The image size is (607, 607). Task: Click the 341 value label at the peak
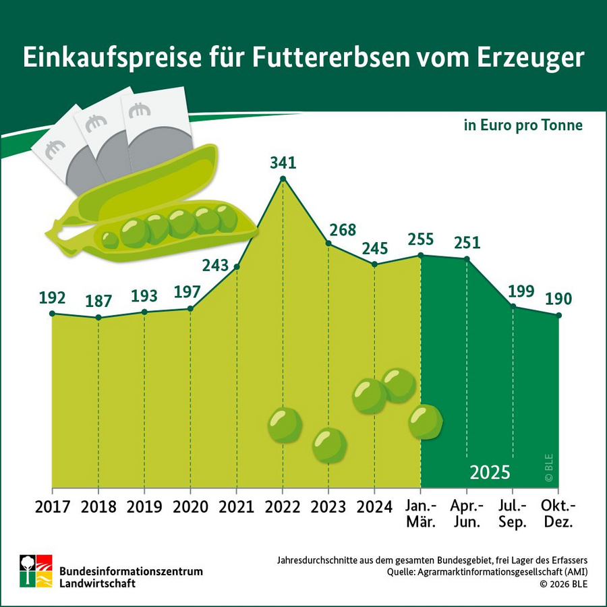pos(283,163)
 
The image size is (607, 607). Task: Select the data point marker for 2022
pos(283,179)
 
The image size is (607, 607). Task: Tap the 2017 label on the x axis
pos(52,506)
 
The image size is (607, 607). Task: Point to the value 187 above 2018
pos(98,300)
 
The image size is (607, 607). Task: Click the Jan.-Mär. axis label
pos(422,513)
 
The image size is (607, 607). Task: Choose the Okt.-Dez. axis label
pos(559,513)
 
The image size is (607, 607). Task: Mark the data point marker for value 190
pos(559,315)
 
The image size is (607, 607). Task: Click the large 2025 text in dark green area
pos(490,471)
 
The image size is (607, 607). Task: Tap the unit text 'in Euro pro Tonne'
pos(523,126)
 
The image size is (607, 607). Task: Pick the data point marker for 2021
pos(237,267)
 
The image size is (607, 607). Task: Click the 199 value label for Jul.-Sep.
pos(521,291)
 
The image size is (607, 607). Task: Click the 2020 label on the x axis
pos(190,506)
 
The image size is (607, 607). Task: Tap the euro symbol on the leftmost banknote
pos(53,147)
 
